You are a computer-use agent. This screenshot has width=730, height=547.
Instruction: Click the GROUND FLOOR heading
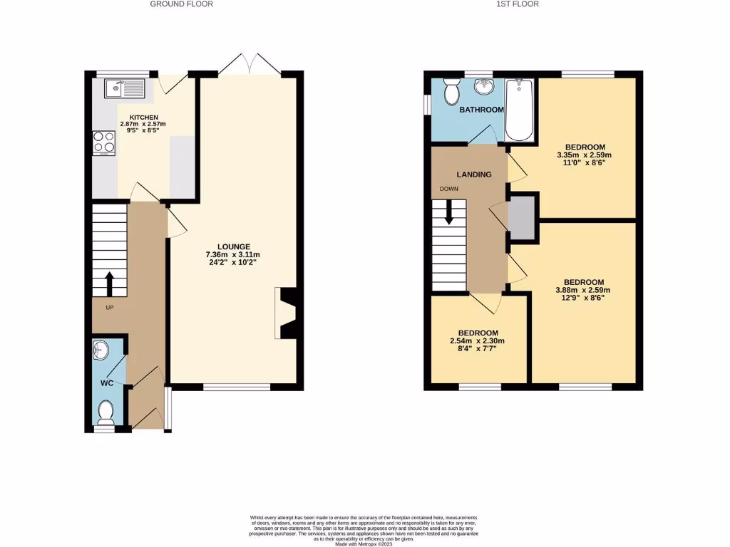point(181,4)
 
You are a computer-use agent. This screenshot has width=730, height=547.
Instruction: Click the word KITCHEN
point(143,118)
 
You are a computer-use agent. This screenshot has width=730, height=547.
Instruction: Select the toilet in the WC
point(106,411)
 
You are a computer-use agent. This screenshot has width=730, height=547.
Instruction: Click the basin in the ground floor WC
point(101,350)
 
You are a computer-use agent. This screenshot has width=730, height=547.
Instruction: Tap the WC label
point(106,383)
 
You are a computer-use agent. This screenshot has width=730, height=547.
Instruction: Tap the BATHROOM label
point(481,110)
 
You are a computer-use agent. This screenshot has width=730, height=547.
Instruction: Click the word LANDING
point(474,174)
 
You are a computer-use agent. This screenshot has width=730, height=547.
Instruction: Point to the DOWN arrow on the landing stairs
point(448,212)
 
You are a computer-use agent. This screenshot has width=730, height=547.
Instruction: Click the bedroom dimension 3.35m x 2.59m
point(585,155)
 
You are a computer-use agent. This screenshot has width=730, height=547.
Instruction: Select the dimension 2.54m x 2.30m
point(478,341)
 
